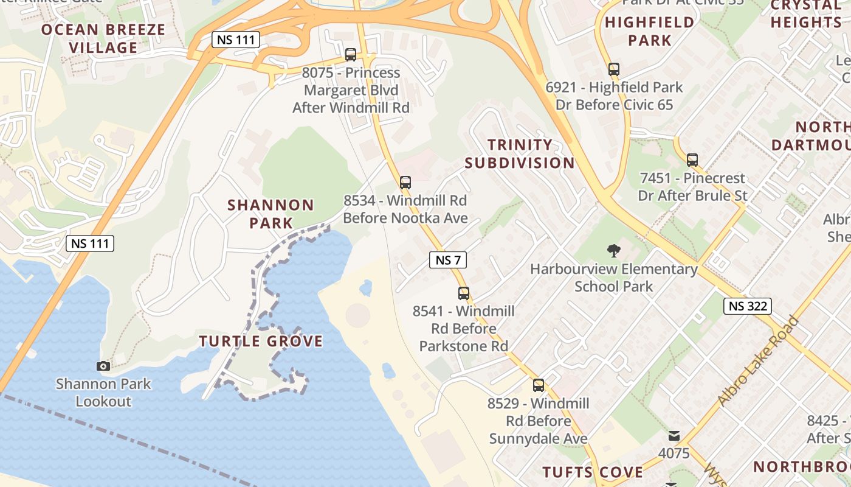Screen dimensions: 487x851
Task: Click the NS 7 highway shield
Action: pyautogui.click(x=448, y=260)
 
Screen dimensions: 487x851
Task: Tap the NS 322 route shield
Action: pyautogui.click(x=747, y=306)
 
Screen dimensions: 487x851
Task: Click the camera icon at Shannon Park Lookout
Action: pyautogui.click(x=103, y=366)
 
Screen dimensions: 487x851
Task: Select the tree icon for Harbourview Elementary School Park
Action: pyautogui.click(x=613, y=250)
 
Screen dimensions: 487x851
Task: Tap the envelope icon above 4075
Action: pyautogui.click(x=674, y=436)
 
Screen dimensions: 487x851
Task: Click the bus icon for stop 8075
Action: pyautogui.click(x=351, y=54)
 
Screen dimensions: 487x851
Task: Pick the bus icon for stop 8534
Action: pyautogui.click(x=405, y=182)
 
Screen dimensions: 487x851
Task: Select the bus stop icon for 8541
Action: pyautogui.click(x=464, y=293)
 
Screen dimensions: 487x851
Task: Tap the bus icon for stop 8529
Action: pyautogui.click(x=539, y=385)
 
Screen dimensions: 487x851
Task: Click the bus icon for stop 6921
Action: pyautogui.click(x=614, y=69)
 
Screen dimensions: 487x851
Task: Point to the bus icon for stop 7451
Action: pyautogui.click(x=692, y=160)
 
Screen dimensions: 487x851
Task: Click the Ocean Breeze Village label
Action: pyautogui.click(x=103, y=38)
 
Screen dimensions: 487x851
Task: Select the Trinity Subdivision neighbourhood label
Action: pyautogui.click(x=520, y=154)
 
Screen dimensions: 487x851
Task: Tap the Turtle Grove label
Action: pyautogui.click(x=261, y=342)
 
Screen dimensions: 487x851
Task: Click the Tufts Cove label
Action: pyautogui.click(x=593, y=472)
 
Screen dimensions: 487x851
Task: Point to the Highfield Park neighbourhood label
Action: pyautogui.click(x=650, y=32)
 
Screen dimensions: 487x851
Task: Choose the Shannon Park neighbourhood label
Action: pyautogui.click(x=271, y=214)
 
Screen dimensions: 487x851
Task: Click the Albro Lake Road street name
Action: pyautogui.click(x=757, y=362)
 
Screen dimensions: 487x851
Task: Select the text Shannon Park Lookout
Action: pyautogui.click(x=103, y=393)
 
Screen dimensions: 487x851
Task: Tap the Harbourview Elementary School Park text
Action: pyautogui.click(x=614, y=278)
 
